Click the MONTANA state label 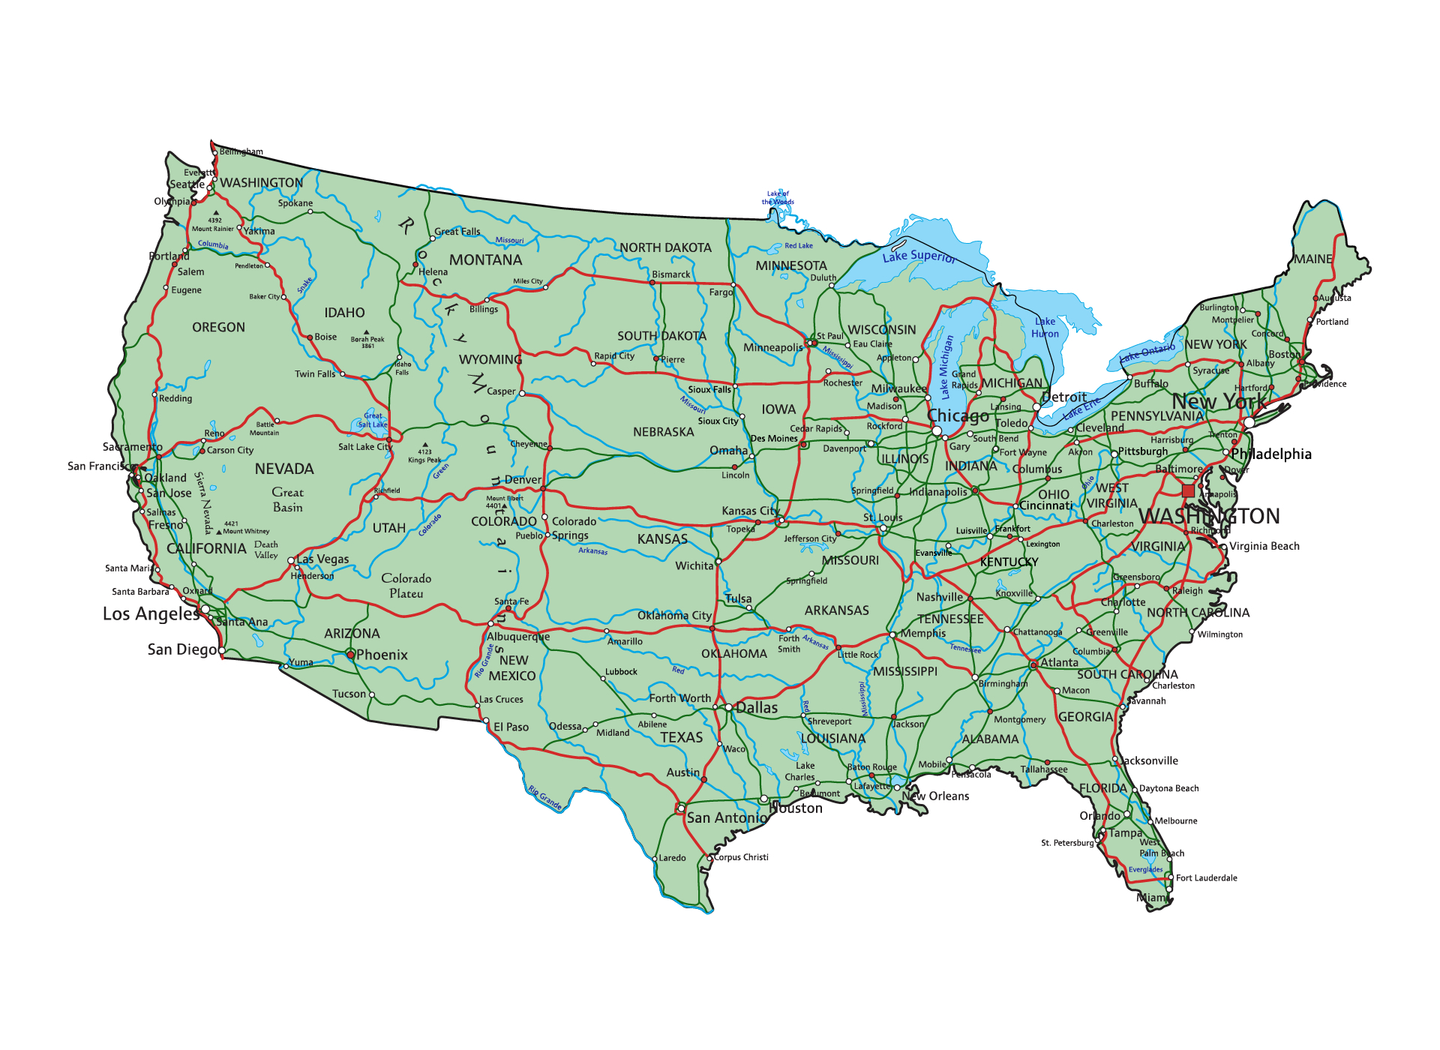485,260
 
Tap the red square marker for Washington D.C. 1188,490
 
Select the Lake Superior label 919,256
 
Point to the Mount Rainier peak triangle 216,213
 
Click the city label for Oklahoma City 674,616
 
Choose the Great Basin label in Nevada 288,500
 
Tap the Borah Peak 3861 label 367,342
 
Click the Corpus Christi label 741,857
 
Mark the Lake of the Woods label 778,197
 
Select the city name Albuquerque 518,637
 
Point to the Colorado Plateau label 406,586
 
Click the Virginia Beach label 1264,546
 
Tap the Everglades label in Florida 1145,870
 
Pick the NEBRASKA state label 663,432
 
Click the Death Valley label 266,550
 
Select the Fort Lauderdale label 1206,877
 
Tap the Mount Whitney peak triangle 219,532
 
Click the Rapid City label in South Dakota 614,356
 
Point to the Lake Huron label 1045,328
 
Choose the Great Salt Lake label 373,420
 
